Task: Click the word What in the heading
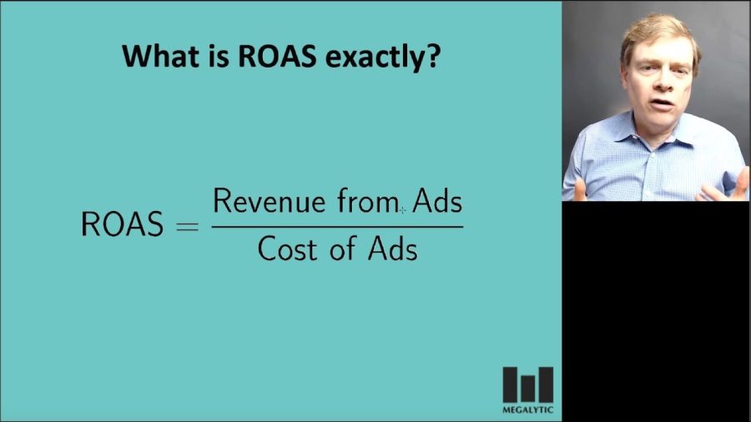tap(159, 56)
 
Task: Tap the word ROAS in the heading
tap(277, 56)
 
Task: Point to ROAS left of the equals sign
tap(122, 224)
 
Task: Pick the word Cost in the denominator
tap(287, 249)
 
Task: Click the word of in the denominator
tap(342, 249)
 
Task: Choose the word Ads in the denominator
tap(393, 249)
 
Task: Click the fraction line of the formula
tap(337, 227)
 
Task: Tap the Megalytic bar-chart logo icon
tap(528, 384)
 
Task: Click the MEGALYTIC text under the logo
tap(528, 409)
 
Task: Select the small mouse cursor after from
tap(402, 209)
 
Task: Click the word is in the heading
tap(217, 56)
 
